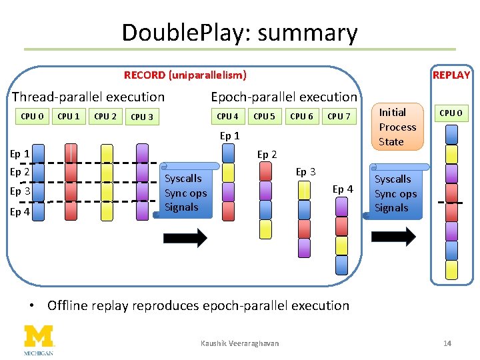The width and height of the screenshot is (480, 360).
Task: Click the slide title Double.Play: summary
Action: pos(239,33)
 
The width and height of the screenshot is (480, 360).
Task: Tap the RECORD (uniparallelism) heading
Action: pos(185,75)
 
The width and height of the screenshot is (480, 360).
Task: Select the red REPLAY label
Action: pos(451,75)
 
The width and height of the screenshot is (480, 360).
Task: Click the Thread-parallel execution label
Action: pos(88,97)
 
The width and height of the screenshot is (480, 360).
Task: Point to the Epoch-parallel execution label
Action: pos(284,97)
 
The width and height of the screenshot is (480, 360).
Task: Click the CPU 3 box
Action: pos(142,117)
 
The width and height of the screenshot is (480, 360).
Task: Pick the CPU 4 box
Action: pos(228,117)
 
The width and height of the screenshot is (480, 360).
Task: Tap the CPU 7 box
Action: pos(339,117)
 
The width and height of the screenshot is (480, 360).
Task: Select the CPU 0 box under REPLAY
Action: pos(451,113)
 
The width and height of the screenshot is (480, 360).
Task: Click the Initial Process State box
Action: pos(397,127)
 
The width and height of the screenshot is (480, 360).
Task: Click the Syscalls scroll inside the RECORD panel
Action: pos(187,193)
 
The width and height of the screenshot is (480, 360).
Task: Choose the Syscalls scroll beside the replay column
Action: pos(396,193)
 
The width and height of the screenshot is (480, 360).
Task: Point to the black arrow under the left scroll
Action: pos(185,237)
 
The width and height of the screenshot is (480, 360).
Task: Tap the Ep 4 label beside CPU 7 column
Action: pos(343,189)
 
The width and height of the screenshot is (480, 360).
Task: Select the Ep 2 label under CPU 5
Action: pos(267,155)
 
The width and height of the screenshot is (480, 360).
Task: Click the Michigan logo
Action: pos(39,339)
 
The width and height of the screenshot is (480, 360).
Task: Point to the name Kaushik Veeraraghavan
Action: pos(239,343)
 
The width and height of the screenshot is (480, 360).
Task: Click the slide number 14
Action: pos(447,343)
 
